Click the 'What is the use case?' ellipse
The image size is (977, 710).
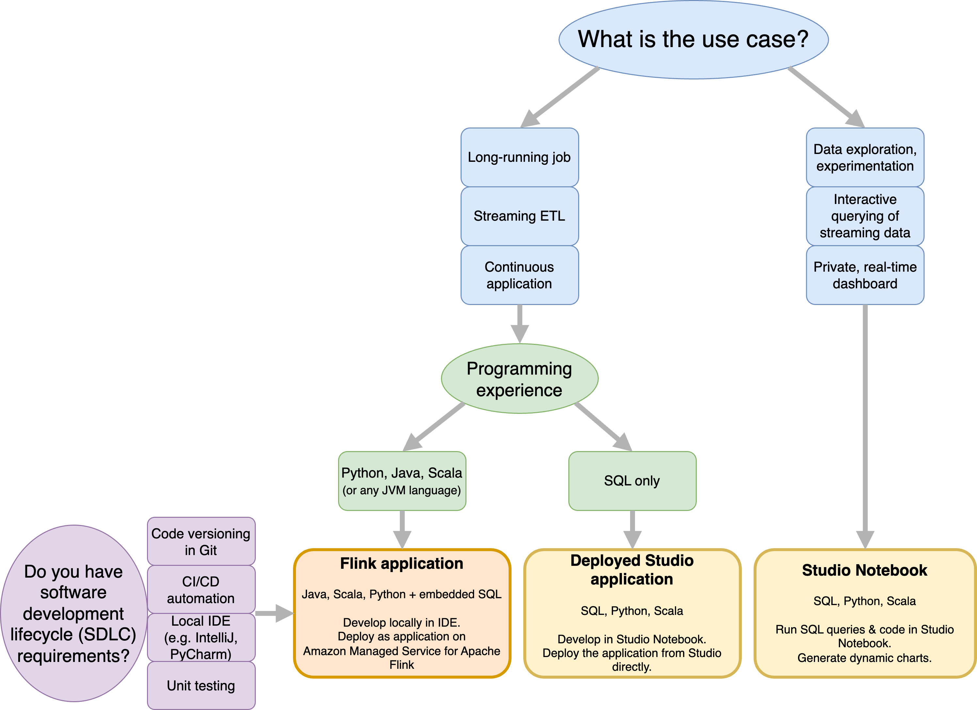[693, 39]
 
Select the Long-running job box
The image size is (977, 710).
[519, 157]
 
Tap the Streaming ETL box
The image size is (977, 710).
[519, 216]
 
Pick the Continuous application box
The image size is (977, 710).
[519, 275]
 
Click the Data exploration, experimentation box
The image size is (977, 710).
[865, 157]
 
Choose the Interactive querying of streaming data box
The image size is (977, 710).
[865, 216]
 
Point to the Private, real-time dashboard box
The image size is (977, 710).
[865, 275]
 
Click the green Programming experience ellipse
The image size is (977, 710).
[519, 379]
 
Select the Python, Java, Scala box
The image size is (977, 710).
[402, 481]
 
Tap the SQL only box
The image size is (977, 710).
[632, 481]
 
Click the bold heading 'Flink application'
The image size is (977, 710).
[401, 564]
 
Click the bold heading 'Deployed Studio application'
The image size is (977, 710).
[632, 569]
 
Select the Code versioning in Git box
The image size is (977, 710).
[201, 541]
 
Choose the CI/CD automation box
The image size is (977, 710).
[201, 589]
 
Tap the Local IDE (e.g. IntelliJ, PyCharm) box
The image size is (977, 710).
[201, 637]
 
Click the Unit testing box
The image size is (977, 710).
[201, 685]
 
